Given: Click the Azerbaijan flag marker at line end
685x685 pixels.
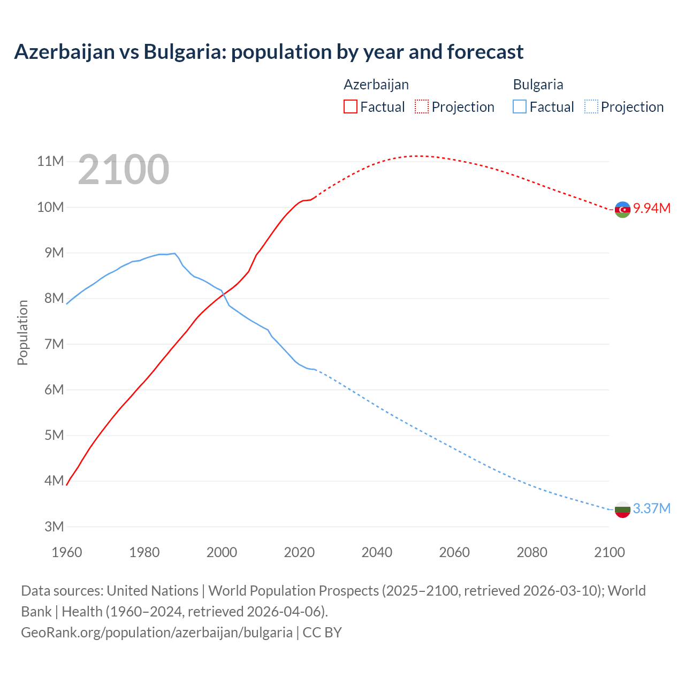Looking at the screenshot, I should [622, 209].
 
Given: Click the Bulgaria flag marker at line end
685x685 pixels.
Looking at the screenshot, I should [622, 509].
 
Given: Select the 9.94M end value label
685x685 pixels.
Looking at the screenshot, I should [652, 208].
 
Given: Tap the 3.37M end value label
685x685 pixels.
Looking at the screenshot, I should [652, 508].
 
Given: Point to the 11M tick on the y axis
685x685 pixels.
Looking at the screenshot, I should [50, 161].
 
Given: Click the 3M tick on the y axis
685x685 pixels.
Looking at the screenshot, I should [54, 527].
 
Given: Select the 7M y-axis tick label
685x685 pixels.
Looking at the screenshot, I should [54, 344].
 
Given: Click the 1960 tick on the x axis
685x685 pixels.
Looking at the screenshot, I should [67, 552].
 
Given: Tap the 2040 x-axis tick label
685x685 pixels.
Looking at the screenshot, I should [377, 552].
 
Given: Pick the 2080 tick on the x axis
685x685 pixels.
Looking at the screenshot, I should [532, 552].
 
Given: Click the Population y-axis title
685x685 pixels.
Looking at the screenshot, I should [22, 332].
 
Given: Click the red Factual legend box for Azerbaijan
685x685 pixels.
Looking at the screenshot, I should [350, 106].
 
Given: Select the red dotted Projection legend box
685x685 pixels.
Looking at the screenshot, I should [422, 106].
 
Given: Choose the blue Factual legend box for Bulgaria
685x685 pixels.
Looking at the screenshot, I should [520, 106].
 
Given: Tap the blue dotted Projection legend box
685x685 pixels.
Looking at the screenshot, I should [591, 106].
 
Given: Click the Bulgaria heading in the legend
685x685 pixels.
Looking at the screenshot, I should [538, 85].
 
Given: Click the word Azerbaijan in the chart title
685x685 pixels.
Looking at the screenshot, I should [64, 52].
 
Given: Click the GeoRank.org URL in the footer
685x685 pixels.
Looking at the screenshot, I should [157, 632].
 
